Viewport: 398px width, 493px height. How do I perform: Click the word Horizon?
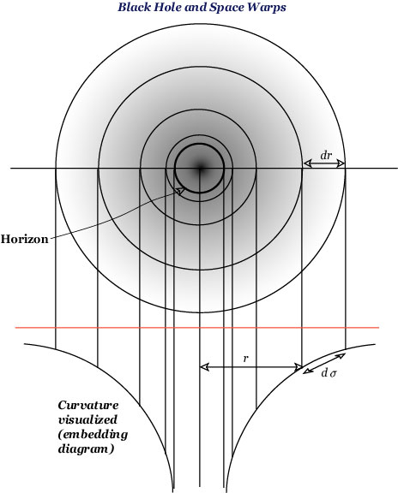pos(25,240)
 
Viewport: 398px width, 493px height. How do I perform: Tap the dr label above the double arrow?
pos(327,155)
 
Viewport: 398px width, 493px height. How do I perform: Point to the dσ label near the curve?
pos(329,373)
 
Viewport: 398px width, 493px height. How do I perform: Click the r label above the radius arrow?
pos(246,359)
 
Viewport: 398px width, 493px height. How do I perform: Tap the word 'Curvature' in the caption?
pos(88,405)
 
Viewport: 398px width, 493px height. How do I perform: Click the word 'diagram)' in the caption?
pos(86,449)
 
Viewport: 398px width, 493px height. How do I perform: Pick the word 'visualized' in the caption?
pos(87,419)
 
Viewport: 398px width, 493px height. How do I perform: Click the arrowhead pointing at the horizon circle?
pos(180,191)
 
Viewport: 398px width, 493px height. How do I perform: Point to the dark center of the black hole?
pos(200,169)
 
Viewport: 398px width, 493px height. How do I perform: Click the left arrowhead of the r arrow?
pos(204,366)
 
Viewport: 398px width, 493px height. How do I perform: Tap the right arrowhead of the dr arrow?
pos(341,163)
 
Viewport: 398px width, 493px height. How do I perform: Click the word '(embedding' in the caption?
pos(93,435)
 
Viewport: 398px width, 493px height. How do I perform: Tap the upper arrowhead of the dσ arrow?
pos(341,356)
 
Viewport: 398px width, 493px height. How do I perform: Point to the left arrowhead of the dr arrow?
pos(308,163)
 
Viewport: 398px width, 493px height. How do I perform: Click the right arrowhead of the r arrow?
pos(298,366)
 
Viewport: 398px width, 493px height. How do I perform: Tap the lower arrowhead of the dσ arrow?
pos(307,371)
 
